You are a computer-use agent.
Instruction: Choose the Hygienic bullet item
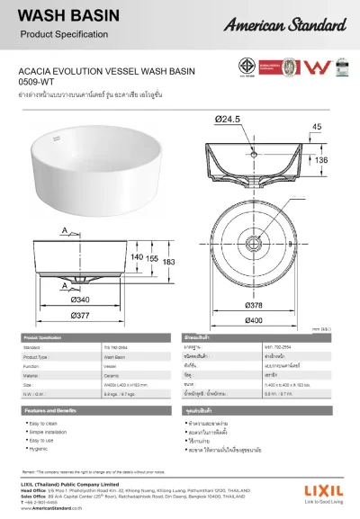[x=42, y=450]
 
